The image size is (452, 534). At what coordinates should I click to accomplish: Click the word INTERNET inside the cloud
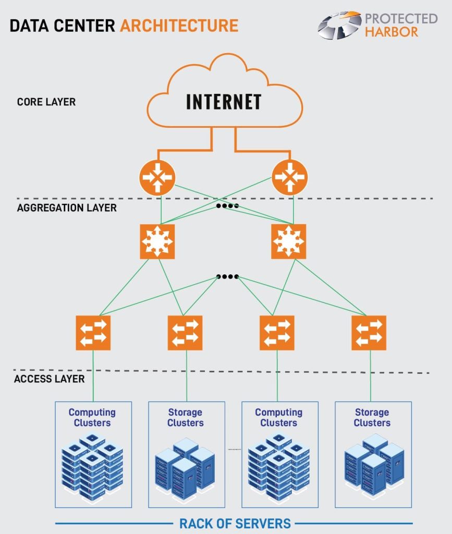click(224, 101)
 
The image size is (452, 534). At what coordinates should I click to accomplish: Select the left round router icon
click(157, 177)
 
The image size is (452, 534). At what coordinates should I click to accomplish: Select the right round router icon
click(290, 177)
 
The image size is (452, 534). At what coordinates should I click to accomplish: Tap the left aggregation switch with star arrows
click(157, 241)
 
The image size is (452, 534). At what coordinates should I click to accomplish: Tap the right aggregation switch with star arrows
click(288, 241)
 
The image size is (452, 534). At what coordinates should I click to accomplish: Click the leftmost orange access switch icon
click(93, 333)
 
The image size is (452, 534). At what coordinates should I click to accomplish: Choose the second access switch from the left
click(185, 333)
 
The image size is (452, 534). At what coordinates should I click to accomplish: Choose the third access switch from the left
click(277, 333)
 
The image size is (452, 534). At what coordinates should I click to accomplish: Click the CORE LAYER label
click(46, 102)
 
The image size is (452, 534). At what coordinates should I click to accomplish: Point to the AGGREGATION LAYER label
click(67, 208)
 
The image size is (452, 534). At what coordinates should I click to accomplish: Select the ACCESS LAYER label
click(49, 379)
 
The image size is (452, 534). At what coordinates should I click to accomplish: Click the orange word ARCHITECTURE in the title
click(179, 25)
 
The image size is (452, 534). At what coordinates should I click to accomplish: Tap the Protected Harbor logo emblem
click(339, 26)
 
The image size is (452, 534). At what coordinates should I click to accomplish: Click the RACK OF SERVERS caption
click(235, 523)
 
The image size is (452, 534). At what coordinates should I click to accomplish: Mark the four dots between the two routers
click(228, 206)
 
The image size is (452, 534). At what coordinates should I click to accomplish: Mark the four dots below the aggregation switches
click(228, 276)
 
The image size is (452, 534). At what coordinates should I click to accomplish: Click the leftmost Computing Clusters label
click(92, 417)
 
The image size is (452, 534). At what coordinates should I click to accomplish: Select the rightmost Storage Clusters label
click(372, 417)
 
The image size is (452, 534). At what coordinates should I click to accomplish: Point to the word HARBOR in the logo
click(392, 32)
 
